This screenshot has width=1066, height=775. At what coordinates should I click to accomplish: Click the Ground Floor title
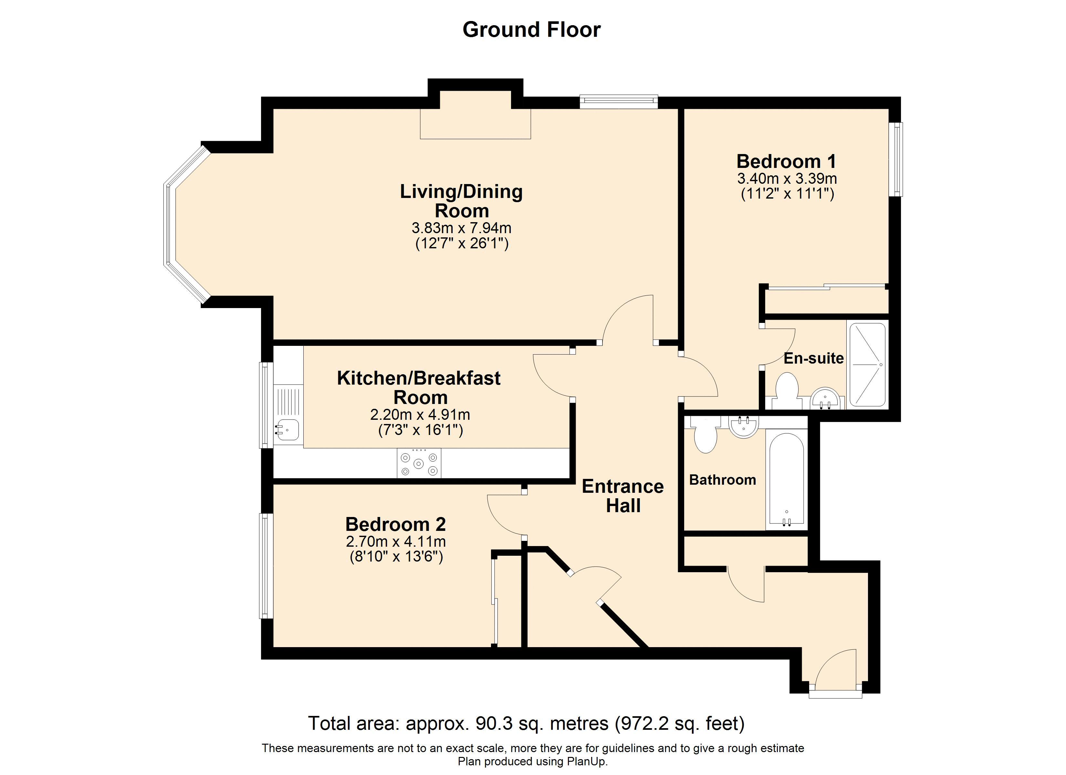point(532,30)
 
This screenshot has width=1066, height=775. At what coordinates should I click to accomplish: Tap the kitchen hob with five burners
point(419,463)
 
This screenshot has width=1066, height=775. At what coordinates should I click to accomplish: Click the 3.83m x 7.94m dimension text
point(461,228)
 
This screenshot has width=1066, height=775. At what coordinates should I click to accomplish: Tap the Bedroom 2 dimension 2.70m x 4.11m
point(395,542)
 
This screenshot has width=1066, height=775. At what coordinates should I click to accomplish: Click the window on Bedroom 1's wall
point(898,159)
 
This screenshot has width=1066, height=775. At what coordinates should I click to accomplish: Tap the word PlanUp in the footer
point(586,762)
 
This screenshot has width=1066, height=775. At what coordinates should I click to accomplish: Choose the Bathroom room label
point(722,480)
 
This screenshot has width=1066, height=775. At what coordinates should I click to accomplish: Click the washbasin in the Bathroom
point(744,426)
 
